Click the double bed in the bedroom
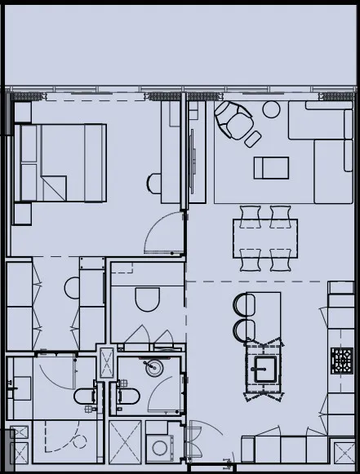[x=61, y=162]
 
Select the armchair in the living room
[x=233, y=122]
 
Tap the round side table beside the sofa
[x=271, y=109]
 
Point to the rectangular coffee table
[x=271, y=168]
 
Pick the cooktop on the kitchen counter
[x=341, y=359]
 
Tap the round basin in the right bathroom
[x=153, y=368]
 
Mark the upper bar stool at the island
[x=244, y=305]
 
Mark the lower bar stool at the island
[x=244, y=330]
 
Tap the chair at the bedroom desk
[x=154, y=183]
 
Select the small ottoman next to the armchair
[x=252, y=138]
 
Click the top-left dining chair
[x=250, y=214]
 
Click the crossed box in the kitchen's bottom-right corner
[x=344, y=448]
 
